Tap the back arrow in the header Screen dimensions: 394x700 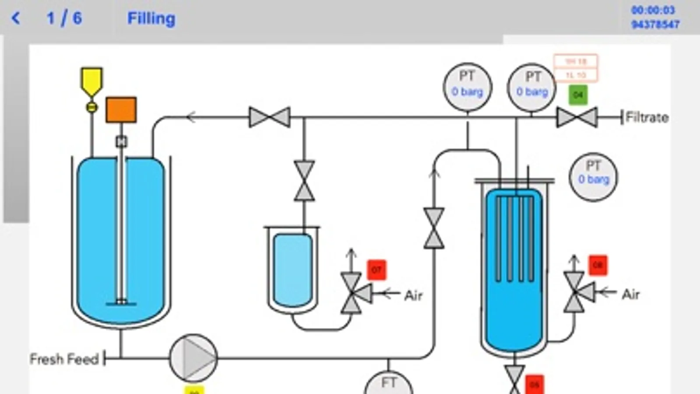pos(16,18)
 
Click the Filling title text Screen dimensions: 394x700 pos(151,18)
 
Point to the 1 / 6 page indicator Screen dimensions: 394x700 pos(64,18)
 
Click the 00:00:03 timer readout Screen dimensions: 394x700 pos(653,10)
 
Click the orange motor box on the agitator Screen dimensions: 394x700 pos(121,110)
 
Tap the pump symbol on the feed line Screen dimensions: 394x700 pos(193,358)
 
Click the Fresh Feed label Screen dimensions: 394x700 pos(64,359)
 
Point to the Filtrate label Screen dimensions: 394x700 pos(647,117)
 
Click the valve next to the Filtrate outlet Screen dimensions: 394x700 pos(577,118)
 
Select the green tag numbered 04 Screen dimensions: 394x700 pos(578,95)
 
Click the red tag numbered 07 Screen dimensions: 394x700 pos(376,270)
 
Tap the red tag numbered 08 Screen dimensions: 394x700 pos(598,265)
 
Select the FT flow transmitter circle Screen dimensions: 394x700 pos(388,384)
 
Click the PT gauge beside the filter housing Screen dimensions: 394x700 pos(593,177)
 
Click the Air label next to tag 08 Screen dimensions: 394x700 pos(630,294)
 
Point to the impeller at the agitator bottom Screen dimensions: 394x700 pos(121,302)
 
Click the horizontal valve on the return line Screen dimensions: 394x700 pos(269,117)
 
